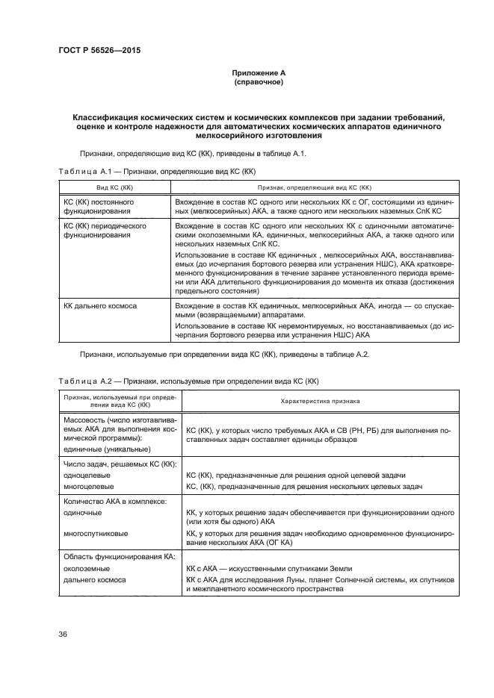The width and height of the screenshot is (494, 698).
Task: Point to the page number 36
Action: point(63,635)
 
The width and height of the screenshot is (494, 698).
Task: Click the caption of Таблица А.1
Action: point(155,171)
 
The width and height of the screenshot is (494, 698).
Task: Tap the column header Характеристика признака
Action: point(320,401)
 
